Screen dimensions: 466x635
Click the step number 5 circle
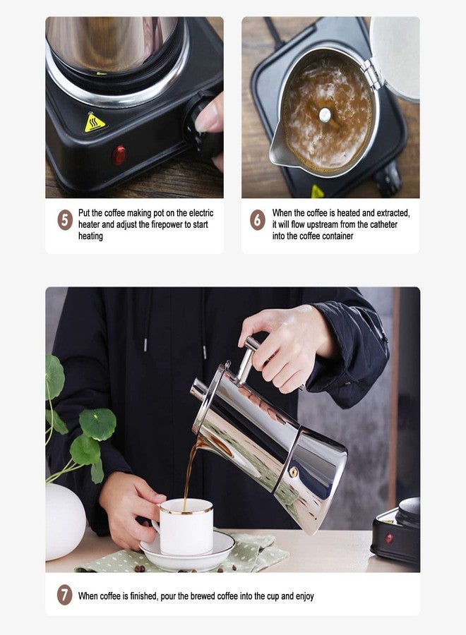point(65,221)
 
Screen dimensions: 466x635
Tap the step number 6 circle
point(257,221)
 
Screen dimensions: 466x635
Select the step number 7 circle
point(64,595)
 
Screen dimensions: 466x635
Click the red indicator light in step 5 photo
point(119,155)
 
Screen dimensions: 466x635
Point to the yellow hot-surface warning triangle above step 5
point(95,123)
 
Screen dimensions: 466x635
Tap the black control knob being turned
point(203,126)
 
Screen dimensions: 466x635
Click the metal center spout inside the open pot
point(325,114)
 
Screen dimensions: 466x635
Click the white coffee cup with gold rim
point(186,526)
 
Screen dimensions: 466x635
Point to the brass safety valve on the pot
point(294,471)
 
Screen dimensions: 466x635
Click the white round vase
point(65,521)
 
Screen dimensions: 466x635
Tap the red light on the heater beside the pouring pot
point(389,538)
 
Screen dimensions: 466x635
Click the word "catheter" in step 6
point(383,224)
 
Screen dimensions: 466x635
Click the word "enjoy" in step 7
point(305,596)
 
